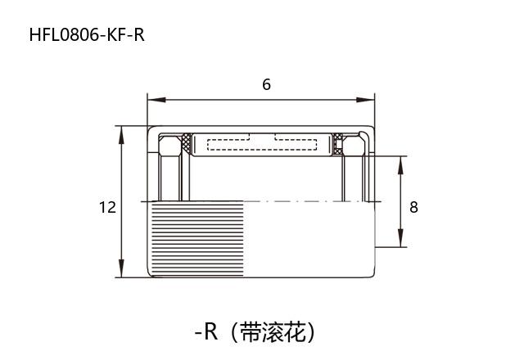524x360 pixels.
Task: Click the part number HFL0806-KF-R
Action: [x=86, y=34]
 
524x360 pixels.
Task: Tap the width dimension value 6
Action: [x=266, y=84]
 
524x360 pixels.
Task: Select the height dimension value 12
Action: [x=107, y=207]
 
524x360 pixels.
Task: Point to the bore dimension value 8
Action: [x=413, y=207]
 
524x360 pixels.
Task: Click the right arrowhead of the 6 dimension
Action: [x=370, y=101]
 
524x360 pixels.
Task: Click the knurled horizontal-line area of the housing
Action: [x=196, y=239]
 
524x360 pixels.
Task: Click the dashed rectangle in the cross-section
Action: [x=262, y=145]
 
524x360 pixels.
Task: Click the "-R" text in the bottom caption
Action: [x=206, y=331]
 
